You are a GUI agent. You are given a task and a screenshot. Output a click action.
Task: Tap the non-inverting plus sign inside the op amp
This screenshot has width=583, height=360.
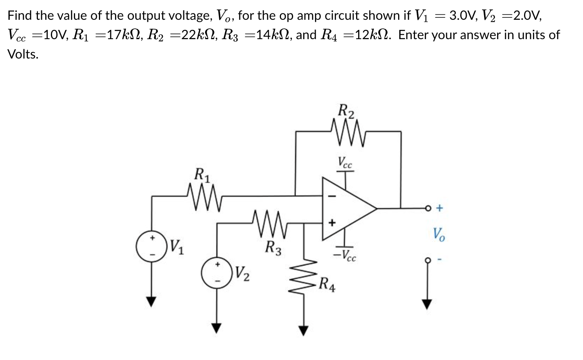pyautogui.click(x=332, y=222)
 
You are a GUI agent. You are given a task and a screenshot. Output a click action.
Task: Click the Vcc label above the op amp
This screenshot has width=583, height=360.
pyautogui.click(x=345, y=162)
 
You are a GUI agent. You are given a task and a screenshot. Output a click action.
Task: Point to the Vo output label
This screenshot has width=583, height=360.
pyautogui.click(x=438, y=234)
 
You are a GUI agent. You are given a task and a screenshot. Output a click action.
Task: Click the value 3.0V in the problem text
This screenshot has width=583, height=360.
pyautogui.click(x=463, y=16)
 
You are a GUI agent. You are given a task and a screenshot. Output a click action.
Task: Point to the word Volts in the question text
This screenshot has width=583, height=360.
pyautogui.click(x=23, y=54)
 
